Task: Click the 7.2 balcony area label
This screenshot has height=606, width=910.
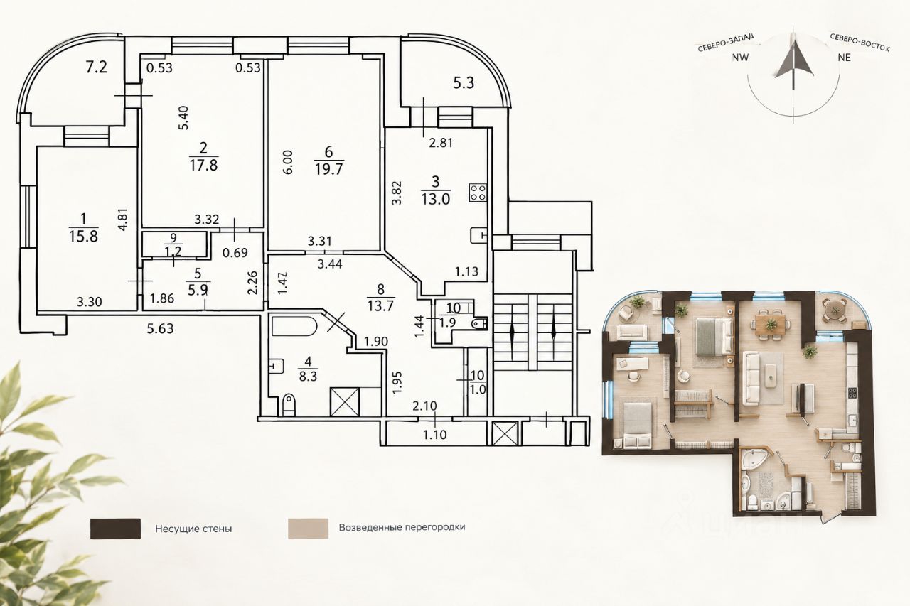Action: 96,67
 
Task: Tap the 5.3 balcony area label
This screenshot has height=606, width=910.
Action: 464,83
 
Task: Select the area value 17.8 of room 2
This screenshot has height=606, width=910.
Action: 203,166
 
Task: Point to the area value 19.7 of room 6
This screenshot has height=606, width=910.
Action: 328,168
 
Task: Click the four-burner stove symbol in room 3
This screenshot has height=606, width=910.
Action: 478,192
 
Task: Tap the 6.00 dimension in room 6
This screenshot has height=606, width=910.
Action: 287,163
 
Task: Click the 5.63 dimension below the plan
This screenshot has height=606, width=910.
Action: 160,328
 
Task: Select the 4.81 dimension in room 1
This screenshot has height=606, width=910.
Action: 123,220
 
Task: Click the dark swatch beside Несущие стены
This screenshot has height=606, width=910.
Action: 115,529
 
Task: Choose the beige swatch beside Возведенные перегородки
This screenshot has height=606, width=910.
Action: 308,529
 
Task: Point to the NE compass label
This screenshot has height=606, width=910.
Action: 844,58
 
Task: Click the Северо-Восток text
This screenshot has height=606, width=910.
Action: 860,42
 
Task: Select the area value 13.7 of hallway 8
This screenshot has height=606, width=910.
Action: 380,305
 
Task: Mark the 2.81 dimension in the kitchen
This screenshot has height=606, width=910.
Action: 441,143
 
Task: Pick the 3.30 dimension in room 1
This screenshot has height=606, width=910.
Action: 90,302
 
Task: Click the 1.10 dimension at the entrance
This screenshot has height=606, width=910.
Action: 434,435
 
